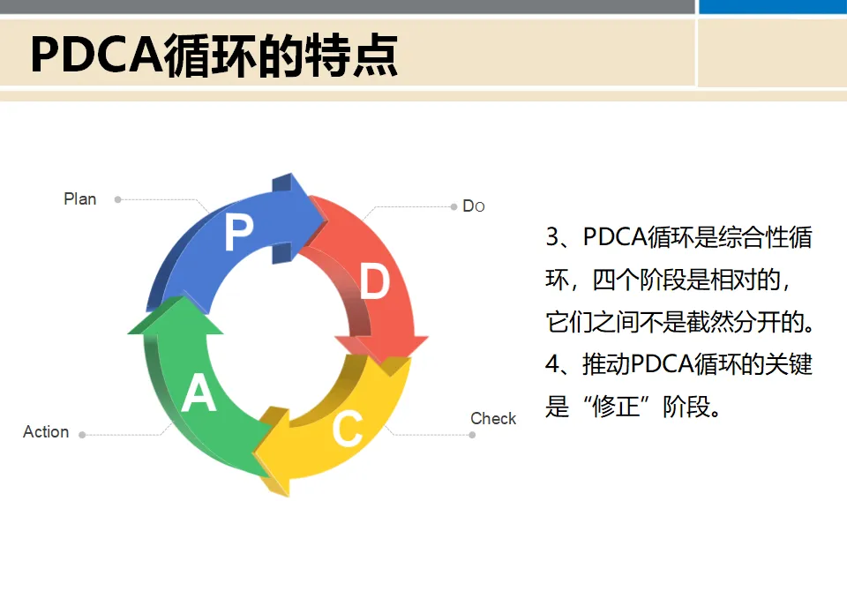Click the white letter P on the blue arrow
point(239,234)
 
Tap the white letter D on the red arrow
point(375,283)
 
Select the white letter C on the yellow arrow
point(347,430)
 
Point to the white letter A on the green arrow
point(199,394)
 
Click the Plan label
point(80,199)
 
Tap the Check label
point(493,418)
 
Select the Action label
point(46,432)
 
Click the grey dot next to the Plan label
point(117,199)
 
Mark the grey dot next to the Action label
point(82,434)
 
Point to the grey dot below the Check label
point(473,435)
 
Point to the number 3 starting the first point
point(553,237)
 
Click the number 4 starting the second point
point(553,364)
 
